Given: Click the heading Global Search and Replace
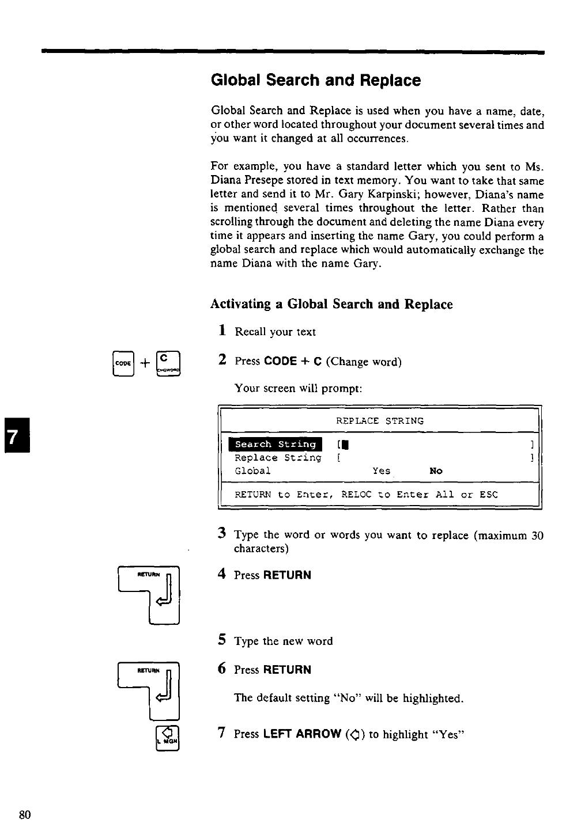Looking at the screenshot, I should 316,81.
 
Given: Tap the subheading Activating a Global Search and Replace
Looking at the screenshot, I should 331,304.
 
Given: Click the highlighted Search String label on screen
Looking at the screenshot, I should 276,444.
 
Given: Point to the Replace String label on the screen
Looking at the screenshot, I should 278,458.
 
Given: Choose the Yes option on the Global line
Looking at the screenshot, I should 381,471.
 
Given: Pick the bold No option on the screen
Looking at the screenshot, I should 436,471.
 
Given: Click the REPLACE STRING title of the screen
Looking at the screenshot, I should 379,421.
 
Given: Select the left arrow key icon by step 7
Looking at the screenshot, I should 168,738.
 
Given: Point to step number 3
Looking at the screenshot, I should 221,533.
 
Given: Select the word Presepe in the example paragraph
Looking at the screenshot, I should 263,181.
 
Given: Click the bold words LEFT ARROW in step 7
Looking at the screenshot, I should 302,734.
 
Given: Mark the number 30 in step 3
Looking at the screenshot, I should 537,536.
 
